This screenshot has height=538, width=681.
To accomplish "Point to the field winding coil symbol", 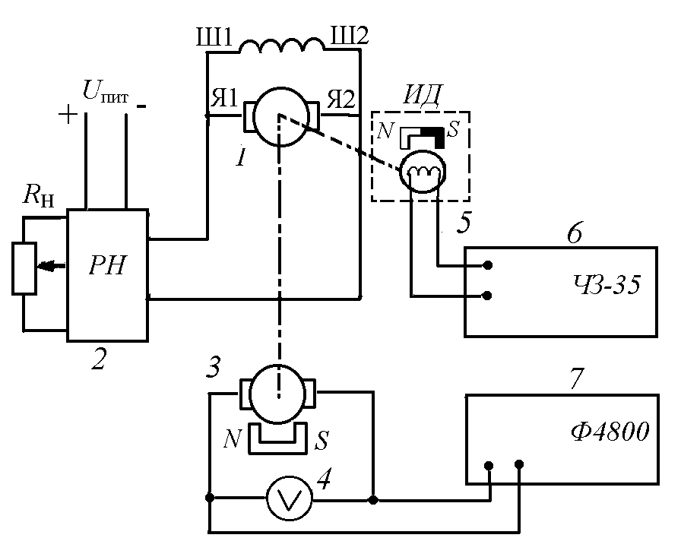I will point(283,47).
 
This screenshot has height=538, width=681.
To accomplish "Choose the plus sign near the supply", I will point(68,115).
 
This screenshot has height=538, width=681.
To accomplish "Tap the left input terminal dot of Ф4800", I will point(490,465).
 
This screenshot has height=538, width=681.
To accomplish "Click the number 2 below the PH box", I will point(98,360).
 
